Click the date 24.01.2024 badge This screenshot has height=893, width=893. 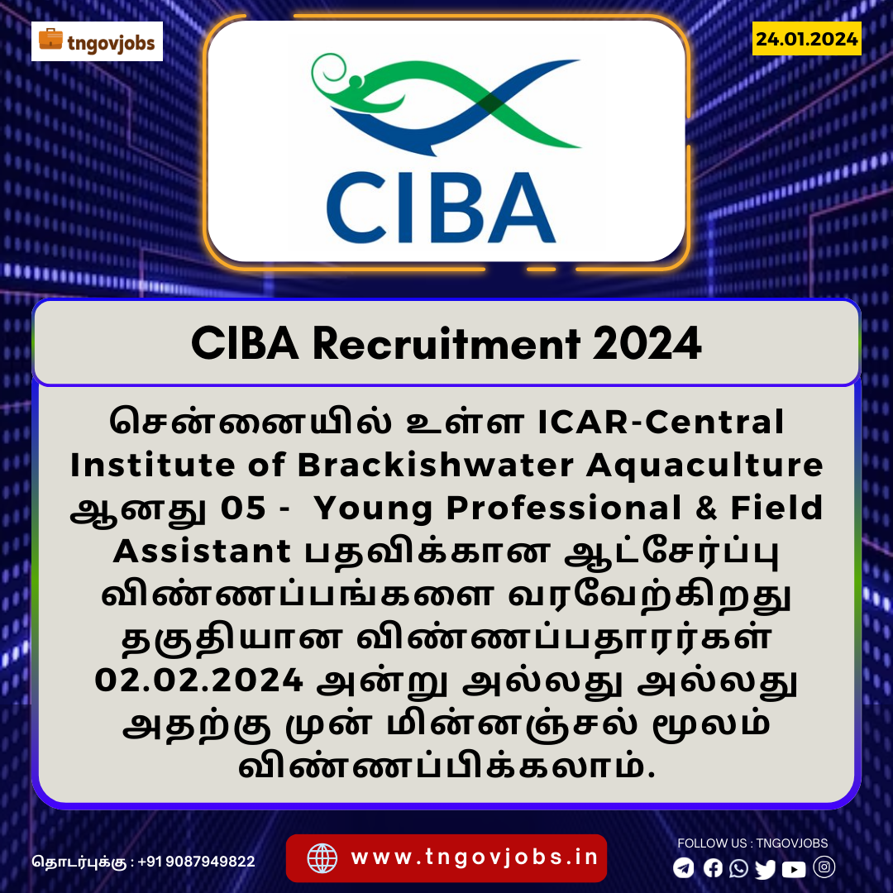[806, 39]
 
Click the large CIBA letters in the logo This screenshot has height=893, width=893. [441, 208]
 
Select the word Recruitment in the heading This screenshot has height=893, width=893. [446, 343]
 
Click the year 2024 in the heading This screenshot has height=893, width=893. [647, 343]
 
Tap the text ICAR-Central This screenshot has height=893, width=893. [661, 422]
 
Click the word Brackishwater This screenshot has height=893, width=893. [436, 465]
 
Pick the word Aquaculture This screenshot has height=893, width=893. [704, 466]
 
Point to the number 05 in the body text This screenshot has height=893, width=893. [243, 508]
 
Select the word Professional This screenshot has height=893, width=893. [564, 508]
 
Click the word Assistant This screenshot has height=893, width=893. [203, 551]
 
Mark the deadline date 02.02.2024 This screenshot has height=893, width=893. [198, 680]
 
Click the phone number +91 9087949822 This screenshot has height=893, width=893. [197, 861]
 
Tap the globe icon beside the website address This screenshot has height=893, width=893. [322, 857]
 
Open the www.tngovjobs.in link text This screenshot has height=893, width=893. [475, 857]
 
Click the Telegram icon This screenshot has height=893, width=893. [684, 868]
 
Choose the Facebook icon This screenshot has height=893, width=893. [713, 868]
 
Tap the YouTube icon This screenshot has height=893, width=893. [794, 869]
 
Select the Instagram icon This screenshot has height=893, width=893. [824, 867]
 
